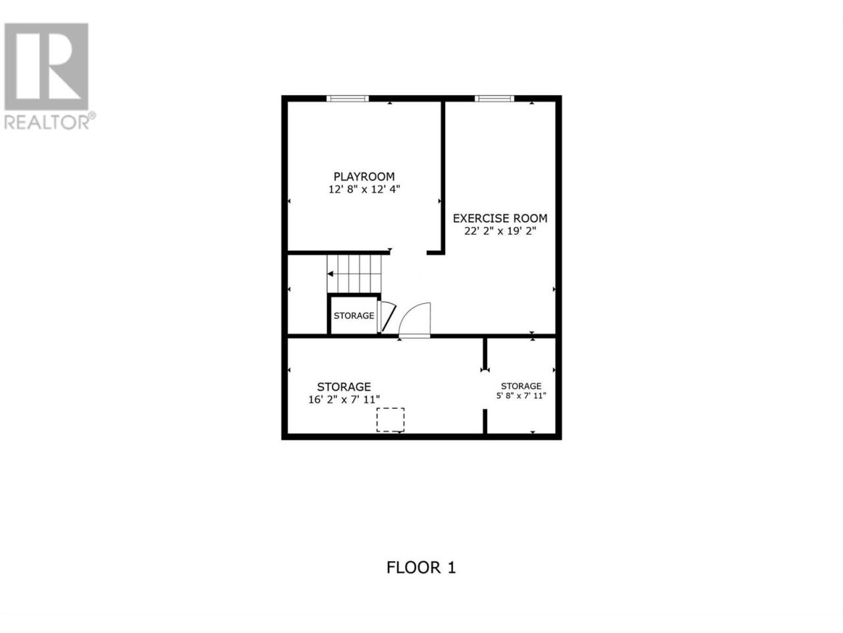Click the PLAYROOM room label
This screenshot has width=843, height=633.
364,177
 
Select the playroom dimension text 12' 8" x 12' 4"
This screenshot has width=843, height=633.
364,189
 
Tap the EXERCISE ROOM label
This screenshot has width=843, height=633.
500,218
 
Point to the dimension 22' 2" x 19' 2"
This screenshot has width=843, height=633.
500,231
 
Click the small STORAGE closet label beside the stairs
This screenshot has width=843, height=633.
354,316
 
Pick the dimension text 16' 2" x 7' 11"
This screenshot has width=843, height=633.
344,400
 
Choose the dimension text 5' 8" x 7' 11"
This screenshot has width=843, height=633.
521,396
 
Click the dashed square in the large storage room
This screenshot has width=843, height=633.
390,419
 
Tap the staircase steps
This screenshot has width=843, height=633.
354,274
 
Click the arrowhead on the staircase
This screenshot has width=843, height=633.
330,274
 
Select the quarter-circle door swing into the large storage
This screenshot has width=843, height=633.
414,318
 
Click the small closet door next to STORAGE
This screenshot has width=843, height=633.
387,316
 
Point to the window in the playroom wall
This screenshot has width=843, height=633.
347,98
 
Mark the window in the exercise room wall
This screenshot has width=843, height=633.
494,98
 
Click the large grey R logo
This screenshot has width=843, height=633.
46,67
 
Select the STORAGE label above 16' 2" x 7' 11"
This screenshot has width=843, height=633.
344,386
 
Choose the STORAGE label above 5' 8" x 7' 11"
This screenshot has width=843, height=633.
521,386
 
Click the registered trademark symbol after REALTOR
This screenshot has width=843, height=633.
92,115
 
